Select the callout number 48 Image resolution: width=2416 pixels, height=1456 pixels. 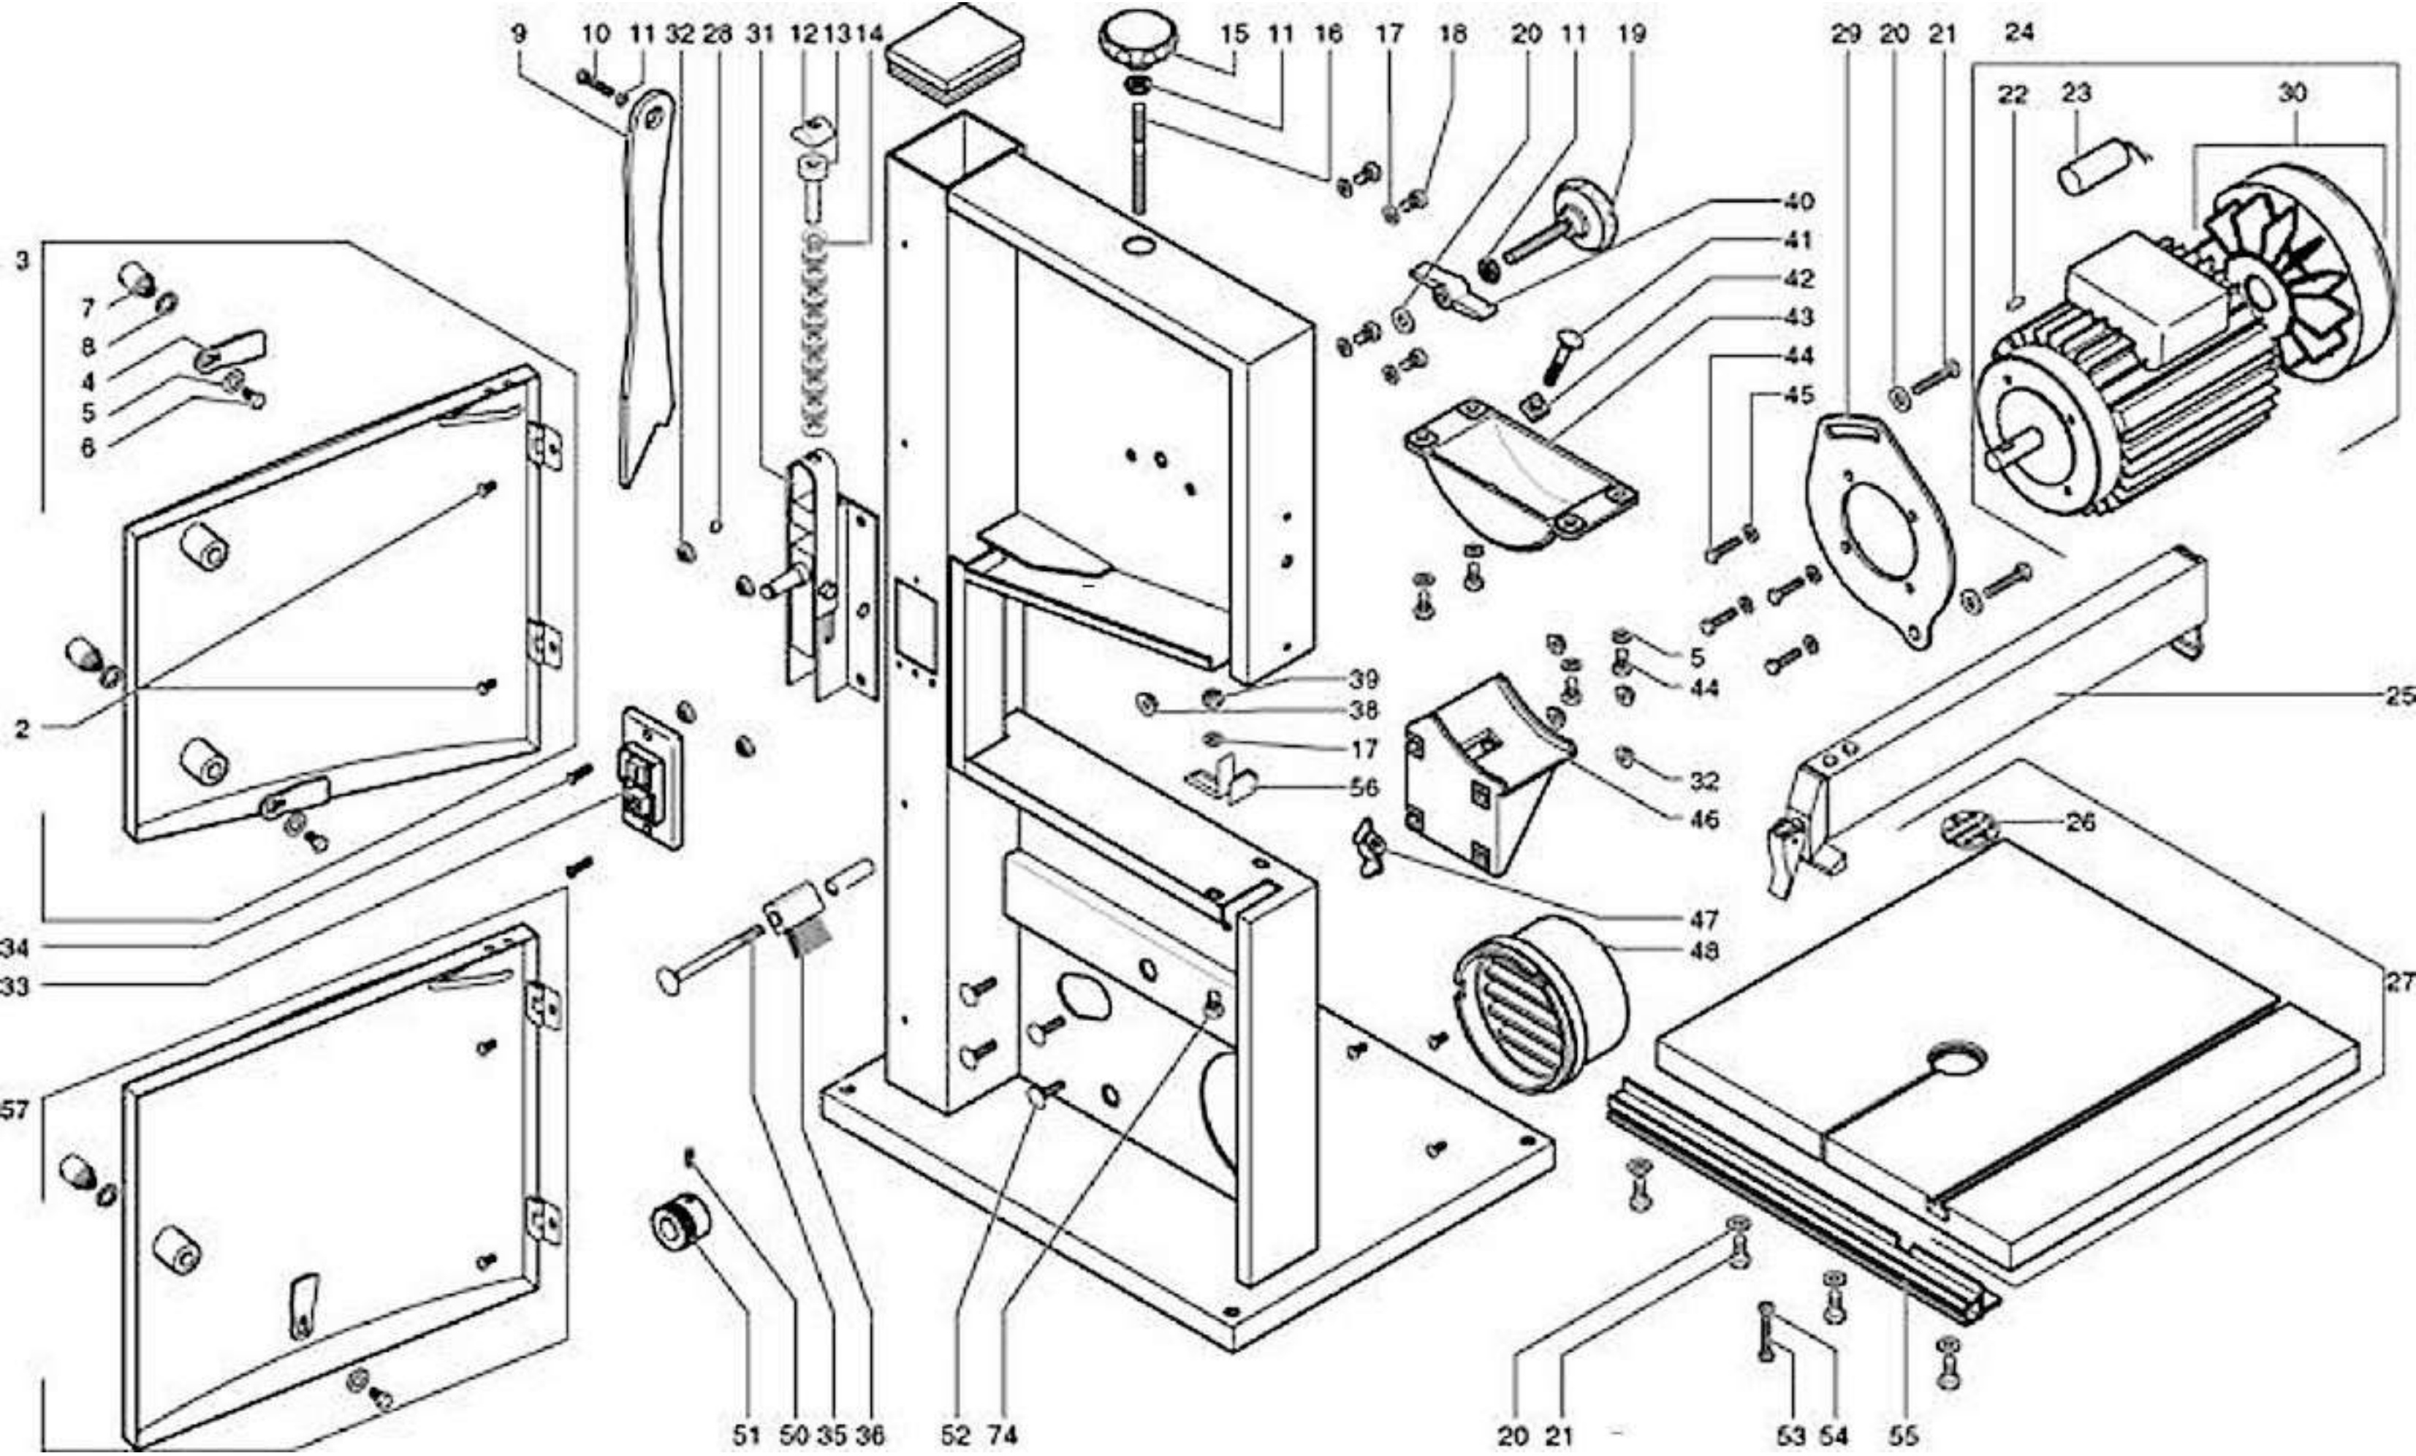pos(1704,951)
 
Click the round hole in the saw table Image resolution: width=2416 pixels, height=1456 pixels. pos(1957,1062)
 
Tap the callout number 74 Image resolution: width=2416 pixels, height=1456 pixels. pos(1002,1436)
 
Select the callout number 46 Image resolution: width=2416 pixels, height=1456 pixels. pos(1704,819)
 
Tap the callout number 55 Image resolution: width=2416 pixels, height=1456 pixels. pos(1903,1436)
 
